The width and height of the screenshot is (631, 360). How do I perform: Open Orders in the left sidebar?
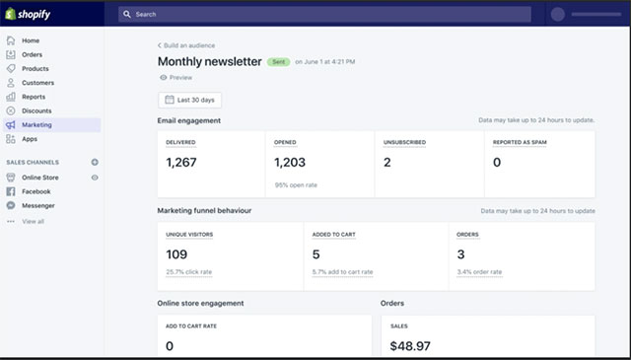pos(32,54)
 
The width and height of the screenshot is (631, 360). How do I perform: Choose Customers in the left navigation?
pos(37,83)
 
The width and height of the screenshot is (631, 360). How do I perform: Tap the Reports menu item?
pos(34,97)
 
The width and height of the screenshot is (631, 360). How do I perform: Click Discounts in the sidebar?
pos(36,110)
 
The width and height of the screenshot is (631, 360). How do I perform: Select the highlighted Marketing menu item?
pos(36,125)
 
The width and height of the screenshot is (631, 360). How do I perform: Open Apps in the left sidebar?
pos(30,139)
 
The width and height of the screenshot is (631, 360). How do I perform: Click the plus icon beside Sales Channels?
pos(95,162)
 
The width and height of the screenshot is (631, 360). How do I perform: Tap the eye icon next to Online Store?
pos(95,178)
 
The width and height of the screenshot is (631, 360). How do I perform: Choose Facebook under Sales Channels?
pos(37,191)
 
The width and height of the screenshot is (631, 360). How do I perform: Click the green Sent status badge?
pos(280,61)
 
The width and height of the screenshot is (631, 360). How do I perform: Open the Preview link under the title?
pos(179,77)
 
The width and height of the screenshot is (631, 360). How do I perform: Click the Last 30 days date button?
pos(190,100)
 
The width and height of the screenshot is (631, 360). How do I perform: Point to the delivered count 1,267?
pos(181,163)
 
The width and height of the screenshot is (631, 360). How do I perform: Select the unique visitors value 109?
pos(176,254)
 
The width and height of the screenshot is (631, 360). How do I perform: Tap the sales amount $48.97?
pos(410,345)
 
